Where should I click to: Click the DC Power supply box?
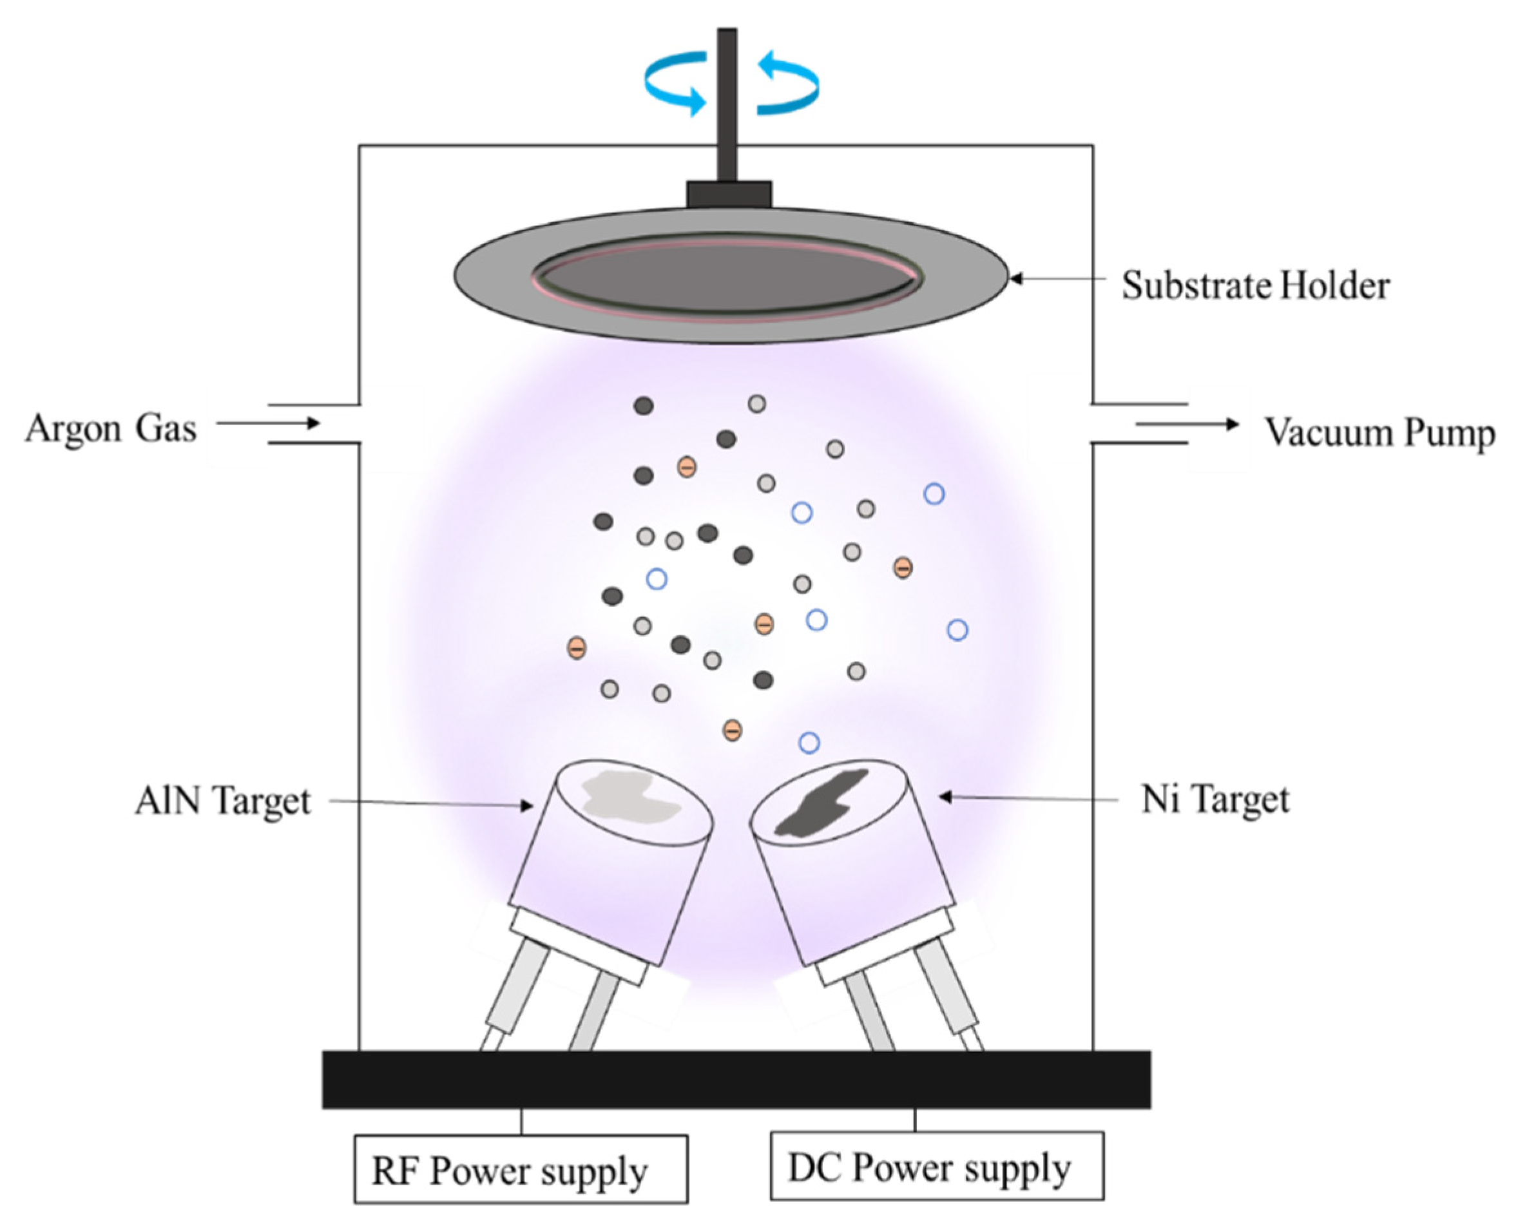(936, 1167)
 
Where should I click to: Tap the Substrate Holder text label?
(1255, 285)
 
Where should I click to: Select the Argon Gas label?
(111, 428)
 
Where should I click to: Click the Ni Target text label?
(1215, 799)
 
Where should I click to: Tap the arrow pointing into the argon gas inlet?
(267, 423)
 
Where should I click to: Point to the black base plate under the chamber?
(736, 1079)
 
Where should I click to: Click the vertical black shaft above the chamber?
(727, 106)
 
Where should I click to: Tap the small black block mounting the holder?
(729, 195)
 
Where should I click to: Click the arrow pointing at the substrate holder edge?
(1056, 279)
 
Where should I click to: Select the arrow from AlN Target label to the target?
(430, 803)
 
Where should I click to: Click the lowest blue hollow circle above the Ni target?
(809, 743)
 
